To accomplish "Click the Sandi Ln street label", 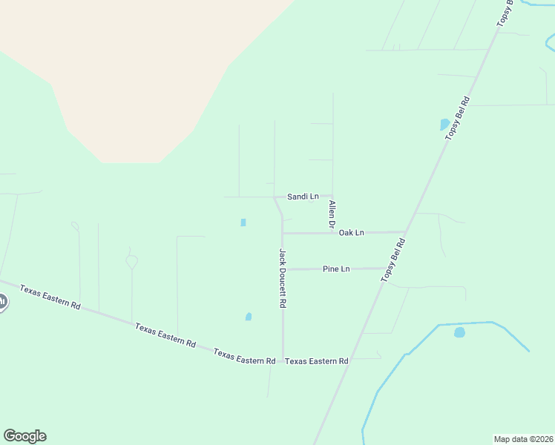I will (303, 197).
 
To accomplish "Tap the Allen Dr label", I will (332, 214).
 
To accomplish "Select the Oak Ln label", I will (351, 233).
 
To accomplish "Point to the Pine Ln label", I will (336, 268).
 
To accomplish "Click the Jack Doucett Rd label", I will (283, 278).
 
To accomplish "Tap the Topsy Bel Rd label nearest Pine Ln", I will (393, 260).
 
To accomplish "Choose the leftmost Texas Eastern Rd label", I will (50, 297).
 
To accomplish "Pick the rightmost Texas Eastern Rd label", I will (317, 361).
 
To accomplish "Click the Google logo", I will (24, 436).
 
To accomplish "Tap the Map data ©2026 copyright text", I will (523, 438).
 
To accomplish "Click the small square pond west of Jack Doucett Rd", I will (243, 222).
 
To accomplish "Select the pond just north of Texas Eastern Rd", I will (249, 317).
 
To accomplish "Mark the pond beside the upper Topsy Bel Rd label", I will (444, 125).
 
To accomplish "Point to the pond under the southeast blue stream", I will (459, 332).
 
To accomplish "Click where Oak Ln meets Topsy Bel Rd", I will (405, 232).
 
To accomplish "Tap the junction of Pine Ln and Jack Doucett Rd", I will (283, 268).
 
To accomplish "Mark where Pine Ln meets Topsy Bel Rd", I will (389, 268).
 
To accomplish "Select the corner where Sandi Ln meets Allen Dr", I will (332, 197).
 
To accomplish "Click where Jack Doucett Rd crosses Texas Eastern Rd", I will (283, 361).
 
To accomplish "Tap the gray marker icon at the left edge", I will (2, 302).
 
